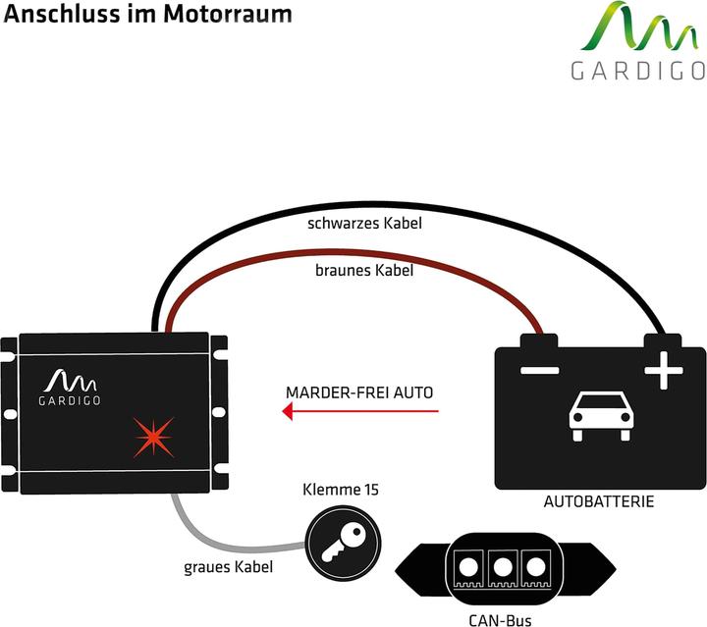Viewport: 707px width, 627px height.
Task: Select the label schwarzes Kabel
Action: point(364,223)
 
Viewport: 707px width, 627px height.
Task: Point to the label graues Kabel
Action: point(228,566)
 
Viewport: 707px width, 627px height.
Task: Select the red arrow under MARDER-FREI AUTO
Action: point(359,413)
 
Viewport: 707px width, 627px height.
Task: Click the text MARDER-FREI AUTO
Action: point(359,392)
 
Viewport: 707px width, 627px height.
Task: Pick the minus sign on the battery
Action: point(539,371)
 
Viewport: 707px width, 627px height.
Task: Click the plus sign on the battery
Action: point(663,371)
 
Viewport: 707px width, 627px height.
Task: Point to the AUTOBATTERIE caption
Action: point(599,501)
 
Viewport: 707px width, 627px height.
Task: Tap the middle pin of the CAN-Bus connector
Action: point(503,567)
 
